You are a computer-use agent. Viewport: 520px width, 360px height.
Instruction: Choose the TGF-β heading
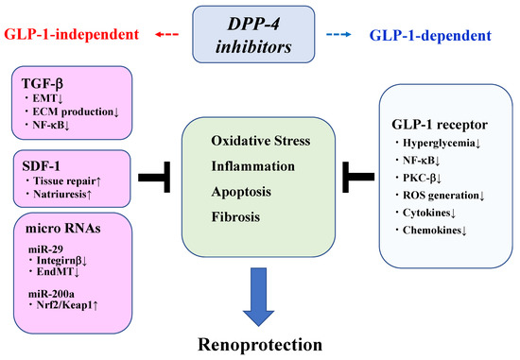(x=43, y=82)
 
